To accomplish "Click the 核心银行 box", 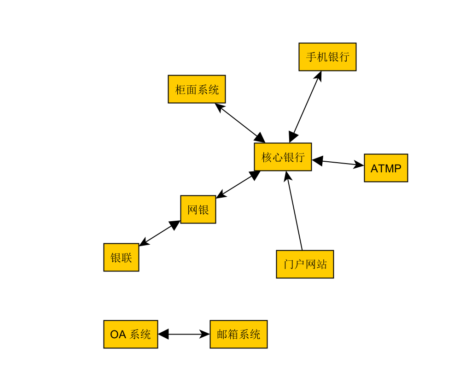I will tap(283, 157).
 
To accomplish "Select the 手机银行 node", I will tap(327, 57).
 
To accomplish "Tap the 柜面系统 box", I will tap(197, 89).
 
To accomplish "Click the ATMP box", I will tap(386, 168).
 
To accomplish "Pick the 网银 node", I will tap(198, 209).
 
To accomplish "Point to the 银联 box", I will tap(121, 257).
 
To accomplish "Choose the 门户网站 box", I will tap(305, 264).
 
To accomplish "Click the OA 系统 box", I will tap(130, 334).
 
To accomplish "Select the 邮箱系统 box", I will tap(238, 334).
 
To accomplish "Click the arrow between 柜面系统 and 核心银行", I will tap(240, 123).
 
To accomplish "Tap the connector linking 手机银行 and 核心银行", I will tap(305, 106).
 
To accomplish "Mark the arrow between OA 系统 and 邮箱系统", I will tap(184, 334).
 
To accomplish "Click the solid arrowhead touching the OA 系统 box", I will tap(163, 334).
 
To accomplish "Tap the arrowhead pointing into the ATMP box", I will tap(359, 165).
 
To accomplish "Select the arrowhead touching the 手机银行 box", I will tap(318, 76).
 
